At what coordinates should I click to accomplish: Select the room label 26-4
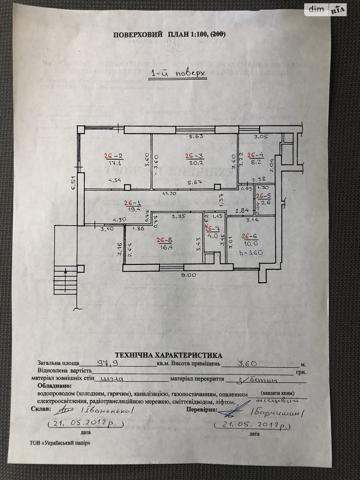coord(255,155)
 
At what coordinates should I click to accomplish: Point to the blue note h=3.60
coord(251,253)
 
